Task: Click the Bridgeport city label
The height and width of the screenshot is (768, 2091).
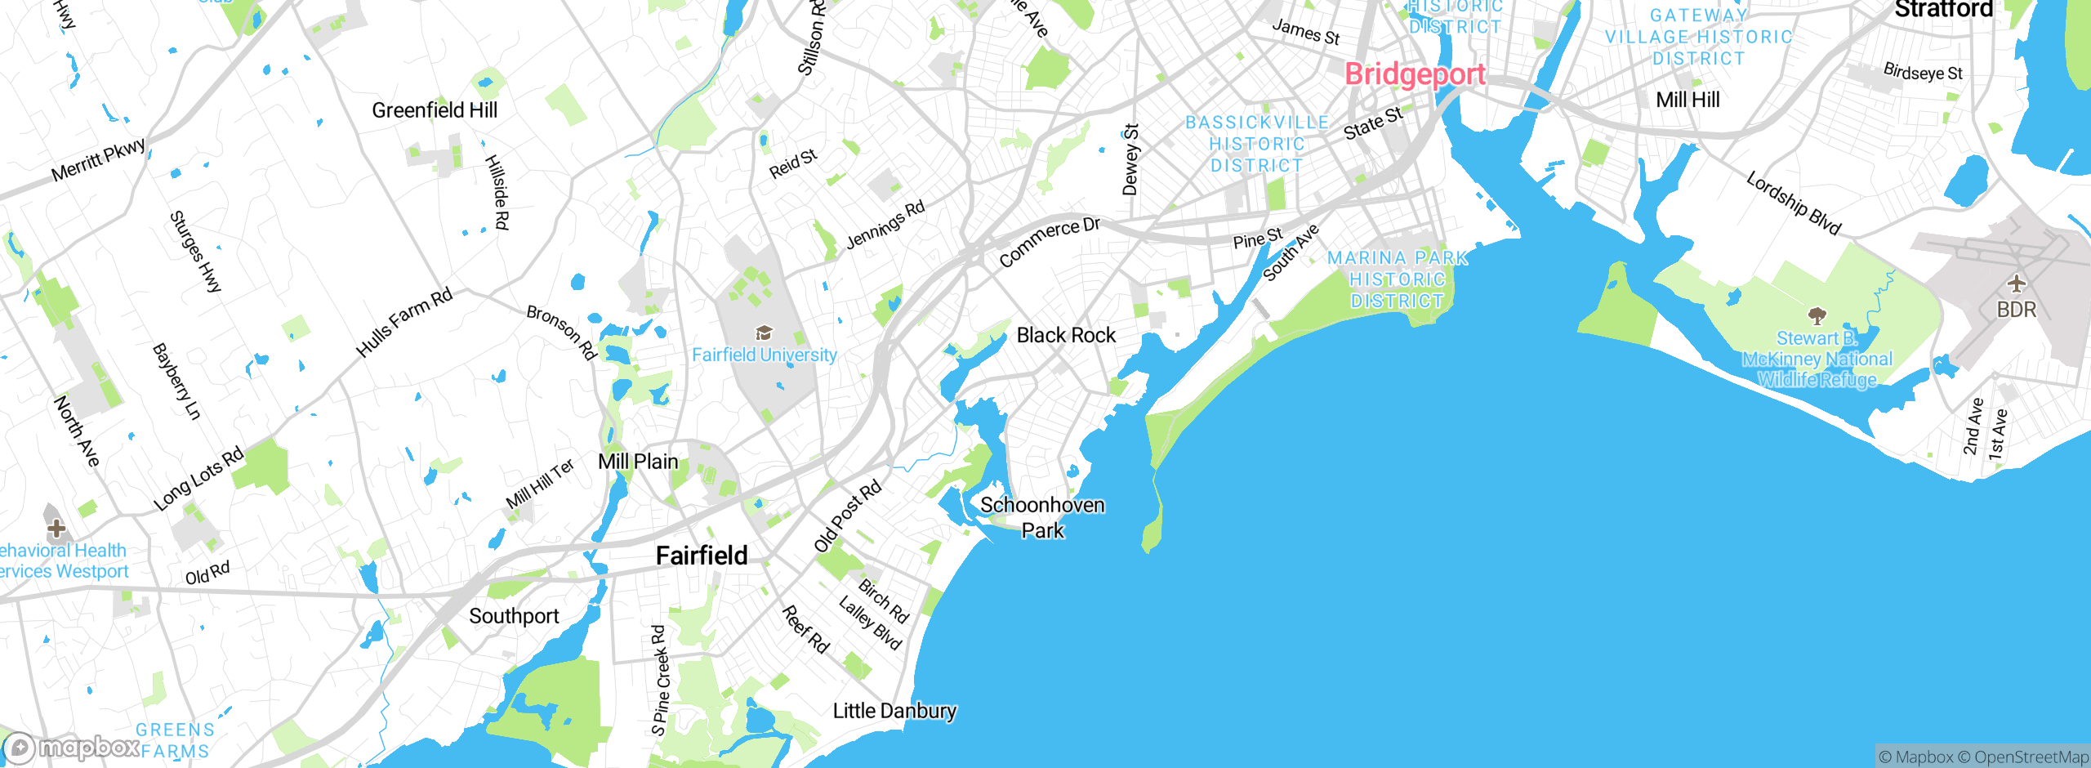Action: click(x=1414, y=74)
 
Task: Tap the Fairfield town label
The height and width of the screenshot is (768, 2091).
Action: click(x=702, y=556)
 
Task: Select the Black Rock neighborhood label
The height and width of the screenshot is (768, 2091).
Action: click(x=1066, y=335)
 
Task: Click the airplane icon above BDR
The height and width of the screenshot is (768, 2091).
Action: click(x=2017, y=284)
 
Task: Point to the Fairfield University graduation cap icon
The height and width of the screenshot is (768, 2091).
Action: click(x=764, y=333)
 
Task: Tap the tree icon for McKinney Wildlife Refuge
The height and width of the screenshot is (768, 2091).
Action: click(x=1817, y=315)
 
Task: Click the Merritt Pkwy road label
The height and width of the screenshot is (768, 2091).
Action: click(x=99, y=160)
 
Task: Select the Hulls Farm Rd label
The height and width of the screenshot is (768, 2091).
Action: click(x=404, y=323)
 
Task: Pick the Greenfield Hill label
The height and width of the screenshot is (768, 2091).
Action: click(x=434, y=110)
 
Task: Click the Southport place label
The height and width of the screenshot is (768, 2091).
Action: click(x=514, y=616)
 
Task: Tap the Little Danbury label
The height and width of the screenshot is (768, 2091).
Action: click(x=894, y=711)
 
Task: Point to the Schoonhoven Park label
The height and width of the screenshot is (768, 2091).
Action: click(x=1042, y=517)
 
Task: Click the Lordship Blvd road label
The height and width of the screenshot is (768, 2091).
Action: click(x=1794, y=203)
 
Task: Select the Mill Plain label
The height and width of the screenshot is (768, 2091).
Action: click(x=638, y=462)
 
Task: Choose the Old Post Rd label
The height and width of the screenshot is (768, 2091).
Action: click(x=848, y=516)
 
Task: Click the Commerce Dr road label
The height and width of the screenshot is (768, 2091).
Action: click(x=1050, y=242)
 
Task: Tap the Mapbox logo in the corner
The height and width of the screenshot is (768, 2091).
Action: click(x=72, y=748)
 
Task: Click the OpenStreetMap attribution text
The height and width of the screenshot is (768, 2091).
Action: click(x=2031, y=757)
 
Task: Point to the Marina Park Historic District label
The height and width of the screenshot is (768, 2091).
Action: click(x=1397, y=279)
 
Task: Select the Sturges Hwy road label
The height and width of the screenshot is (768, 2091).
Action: click(x=195, y=252)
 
